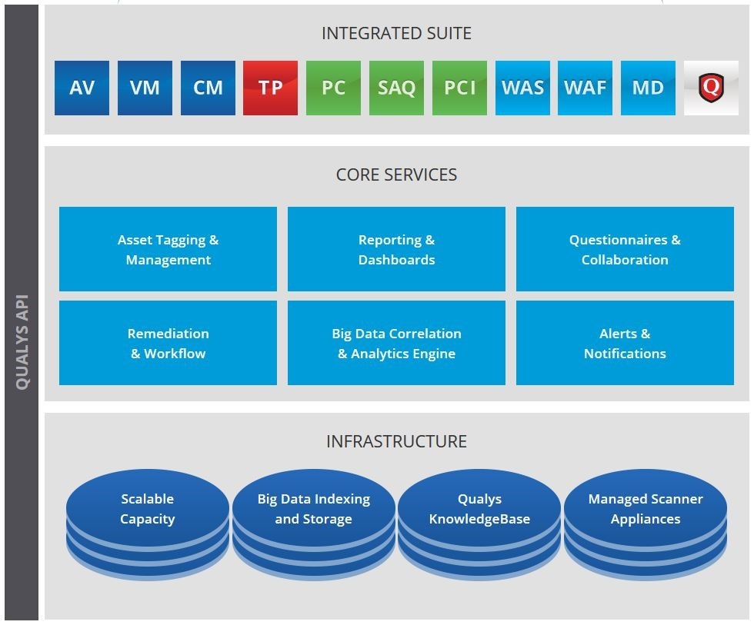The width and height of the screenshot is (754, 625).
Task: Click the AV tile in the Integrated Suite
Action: tap(82, 88)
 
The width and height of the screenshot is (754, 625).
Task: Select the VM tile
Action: tap(145, 88)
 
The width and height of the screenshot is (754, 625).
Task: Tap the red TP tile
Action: tap(270, 88)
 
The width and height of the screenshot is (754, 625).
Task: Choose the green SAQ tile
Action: tap(396, 88)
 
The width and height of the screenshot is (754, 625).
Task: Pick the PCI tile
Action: tap(459, 88)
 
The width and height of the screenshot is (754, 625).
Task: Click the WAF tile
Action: tap(585, 88)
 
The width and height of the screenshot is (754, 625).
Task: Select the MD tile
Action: tap(648, 88)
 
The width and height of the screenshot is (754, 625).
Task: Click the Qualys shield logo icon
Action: tap(711, 88)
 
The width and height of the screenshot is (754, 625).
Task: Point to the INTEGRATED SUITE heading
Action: tap(396, 33)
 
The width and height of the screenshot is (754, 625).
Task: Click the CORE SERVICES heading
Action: tap(396, 175)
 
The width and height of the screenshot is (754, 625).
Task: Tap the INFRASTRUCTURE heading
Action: tap(396, 441)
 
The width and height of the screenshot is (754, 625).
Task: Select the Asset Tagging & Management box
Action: tap(168, 249)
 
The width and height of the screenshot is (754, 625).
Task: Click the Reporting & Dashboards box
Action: tap(396, 249)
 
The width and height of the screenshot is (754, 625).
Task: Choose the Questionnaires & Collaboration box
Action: tap(625, 249)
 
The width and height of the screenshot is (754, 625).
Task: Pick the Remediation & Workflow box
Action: tap(168, 343)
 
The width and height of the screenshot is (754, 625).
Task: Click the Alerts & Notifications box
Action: tap(625, 343)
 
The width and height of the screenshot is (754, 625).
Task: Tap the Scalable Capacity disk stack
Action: tap(147, 524)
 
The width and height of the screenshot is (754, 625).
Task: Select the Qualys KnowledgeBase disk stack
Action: tap(479, 524)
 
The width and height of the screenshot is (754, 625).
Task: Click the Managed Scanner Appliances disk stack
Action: tap(646, 524)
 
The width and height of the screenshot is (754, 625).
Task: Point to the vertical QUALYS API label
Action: tap(22, 341)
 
